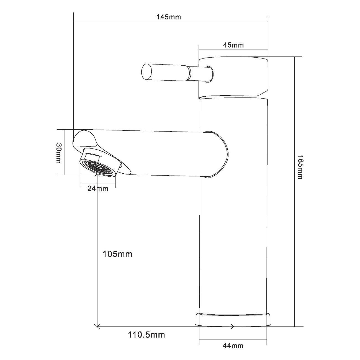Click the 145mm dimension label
[169, 17]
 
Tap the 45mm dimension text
[233, 45]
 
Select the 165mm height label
[300, 167]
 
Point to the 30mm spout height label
[59, 153]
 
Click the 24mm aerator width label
[98, 189]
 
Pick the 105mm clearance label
[117, 254]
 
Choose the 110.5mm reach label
[146, 335]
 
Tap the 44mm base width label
[233, 346]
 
